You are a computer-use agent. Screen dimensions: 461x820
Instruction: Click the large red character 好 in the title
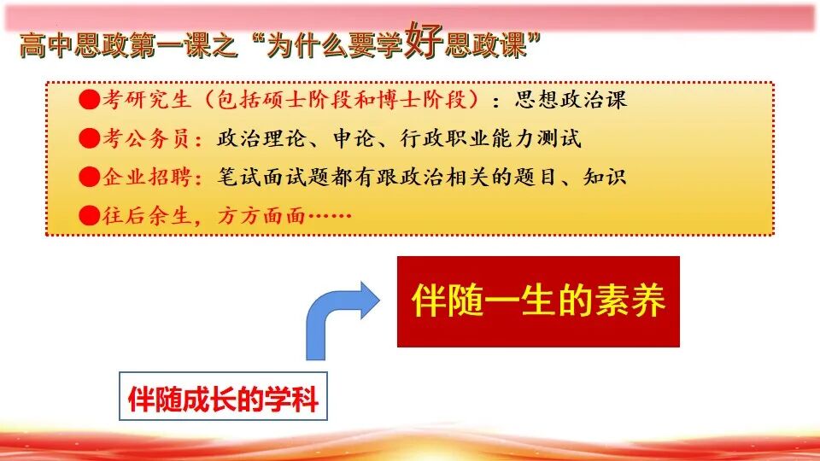click(424, 41)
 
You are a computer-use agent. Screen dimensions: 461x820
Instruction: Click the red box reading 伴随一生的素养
click(538, 301)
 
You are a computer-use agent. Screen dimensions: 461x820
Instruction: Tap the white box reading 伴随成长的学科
click(223, 399)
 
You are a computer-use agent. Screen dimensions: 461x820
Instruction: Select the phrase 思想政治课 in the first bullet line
click(571, 100)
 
